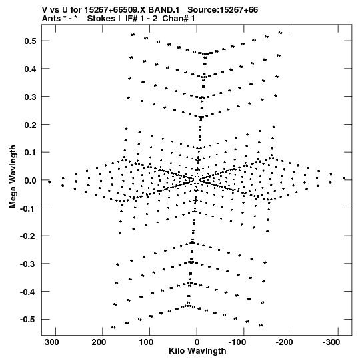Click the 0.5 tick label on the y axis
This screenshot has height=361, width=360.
pos(30,41)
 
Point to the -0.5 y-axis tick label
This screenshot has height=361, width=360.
pos(28,320)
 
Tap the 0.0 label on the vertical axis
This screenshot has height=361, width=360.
pos(30,180)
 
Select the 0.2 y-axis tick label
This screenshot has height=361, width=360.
pos(30,125)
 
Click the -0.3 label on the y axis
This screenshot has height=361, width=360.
pos(28,264)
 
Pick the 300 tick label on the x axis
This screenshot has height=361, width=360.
pos(52,342)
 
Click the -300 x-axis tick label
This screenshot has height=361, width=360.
pos(331,342)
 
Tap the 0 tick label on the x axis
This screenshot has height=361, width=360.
pos(197,342)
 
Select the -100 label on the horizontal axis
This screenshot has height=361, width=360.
pos(237,342)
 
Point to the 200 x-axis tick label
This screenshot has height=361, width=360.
pos(99,342)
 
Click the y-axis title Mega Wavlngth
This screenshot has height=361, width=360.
pos(13,177)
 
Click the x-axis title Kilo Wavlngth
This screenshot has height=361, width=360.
pos(197,351)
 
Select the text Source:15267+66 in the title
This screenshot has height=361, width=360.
pos(223,10)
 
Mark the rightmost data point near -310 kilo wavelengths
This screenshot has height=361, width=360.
pos(344,178)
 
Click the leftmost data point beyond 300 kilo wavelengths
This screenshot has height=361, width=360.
pos(49,182)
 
